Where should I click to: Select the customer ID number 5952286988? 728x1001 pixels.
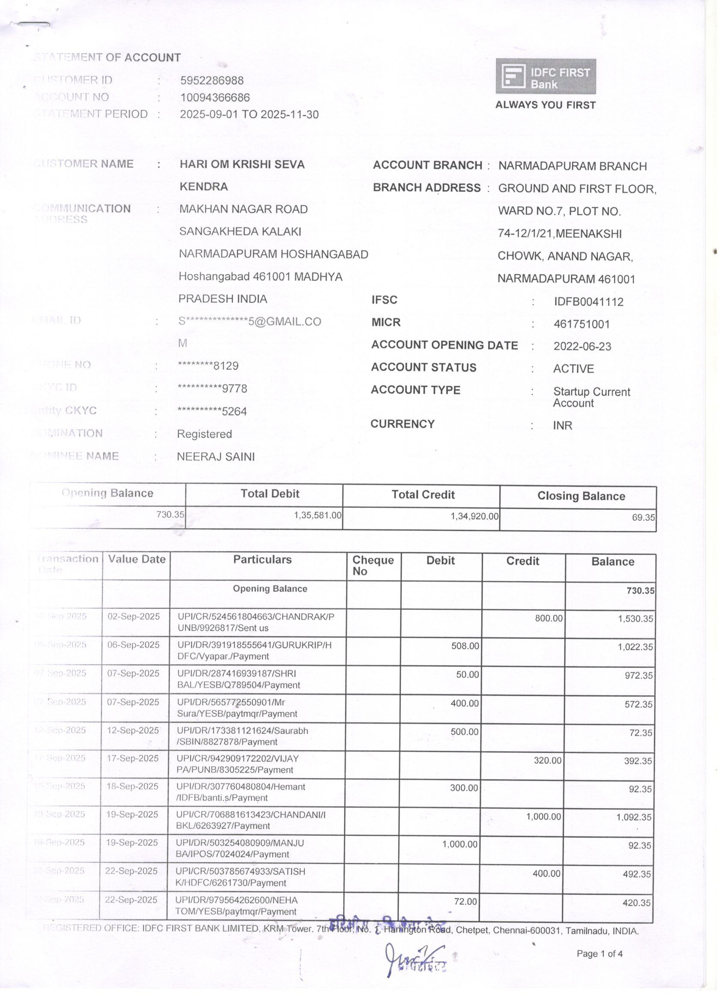[x=212, y=81]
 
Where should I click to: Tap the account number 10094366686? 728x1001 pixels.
[x=215, y=98]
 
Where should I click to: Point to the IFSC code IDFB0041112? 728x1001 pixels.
[x=589, y=302]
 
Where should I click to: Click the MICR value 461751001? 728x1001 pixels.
[x=582, y=325]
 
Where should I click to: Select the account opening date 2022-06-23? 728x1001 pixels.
[x=582, y=346]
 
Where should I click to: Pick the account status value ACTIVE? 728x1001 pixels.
[x=573, y=369]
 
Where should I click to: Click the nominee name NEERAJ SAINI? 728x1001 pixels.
[x=216, y=457]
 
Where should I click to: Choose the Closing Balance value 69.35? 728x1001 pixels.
[x=643, y=517]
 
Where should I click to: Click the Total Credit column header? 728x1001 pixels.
[x=423, y=495]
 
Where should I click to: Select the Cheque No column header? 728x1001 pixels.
[x=373, y=566]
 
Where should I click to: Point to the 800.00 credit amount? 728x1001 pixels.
[x=549, y=618]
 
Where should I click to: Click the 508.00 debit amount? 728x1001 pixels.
[x=465, y=646]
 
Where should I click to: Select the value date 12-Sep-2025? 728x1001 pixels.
[x=133, y=730]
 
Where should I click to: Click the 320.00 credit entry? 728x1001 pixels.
[x=547, y=760]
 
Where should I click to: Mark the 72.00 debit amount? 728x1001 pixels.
[x=465, y=901]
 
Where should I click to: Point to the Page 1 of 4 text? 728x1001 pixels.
[x=600, y=954]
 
